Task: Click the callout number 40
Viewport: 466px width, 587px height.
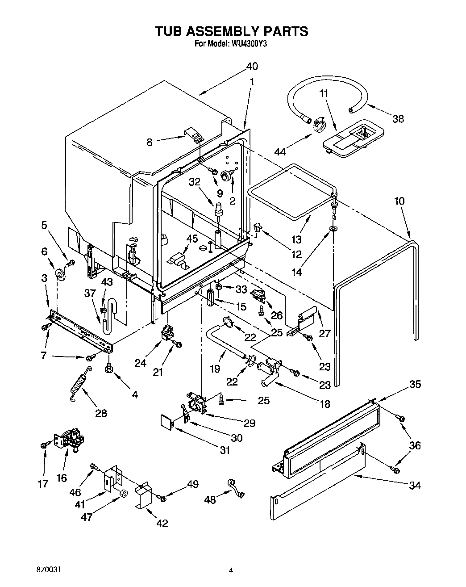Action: click(252, 66)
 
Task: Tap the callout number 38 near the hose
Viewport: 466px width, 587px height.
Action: click(397, 118)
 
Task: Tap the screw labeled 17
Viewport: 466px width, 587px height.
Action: click(44, 444)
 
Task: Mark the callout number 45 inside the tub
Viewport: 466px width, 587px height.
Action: click(192, 239)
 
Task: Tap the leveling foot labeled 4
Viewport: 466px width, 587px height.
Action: click(108, 369)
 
